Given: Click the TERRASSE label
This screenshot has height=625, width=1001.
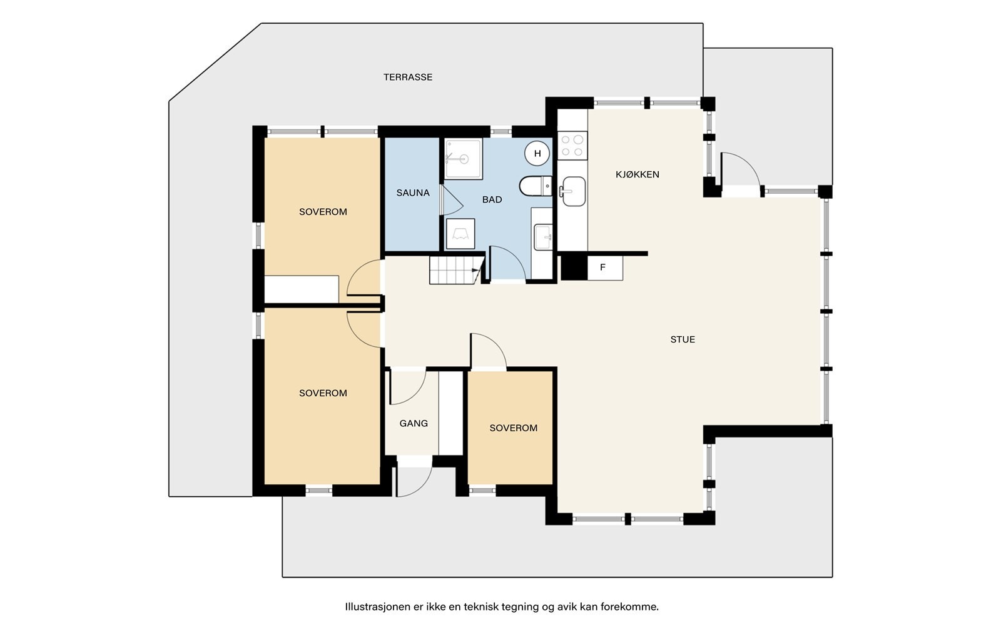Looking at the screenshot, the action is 407,77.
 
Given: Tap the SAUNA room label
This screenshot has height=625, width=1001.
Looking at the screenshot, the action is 412,193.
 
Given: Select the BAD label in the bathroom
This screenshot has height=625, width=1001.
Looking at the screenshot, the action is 492,199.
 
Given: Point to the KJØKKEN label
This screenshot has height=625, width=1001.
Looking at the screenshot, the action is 638,174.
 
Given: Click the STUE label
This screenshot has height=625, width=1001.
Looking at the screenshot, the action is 683,339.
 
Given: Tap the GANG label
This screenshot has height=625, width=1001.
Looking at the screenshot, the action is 414,423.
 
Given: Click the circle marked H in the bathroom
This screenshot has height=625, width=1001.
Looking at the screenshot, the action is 537,153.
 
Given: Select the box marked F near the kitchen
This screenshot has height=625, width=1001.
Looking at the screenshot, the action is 605,268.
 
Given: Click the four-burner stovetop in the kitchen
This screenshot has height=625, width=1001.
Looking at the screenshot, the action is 572,146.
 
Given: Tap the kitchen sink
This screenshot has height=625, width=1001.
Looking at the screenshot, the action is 573,191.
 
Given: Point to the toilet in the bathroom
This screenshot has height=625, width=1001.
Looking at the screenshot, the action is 536,186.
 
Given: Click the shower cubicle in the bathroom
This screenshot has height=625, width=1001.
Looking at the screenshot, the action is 464,159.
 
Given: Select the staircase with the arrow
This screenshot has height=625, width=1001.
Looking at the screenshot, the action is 457,270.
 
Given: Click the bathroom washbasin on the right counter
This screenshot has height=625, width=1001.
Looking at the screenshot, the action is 543,237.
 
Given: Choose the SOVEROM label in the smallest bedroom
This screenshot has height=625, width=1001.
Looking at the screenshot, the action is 513,428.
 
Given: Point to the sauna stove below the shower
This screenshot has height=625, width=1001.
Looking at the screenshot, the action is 460,234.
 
